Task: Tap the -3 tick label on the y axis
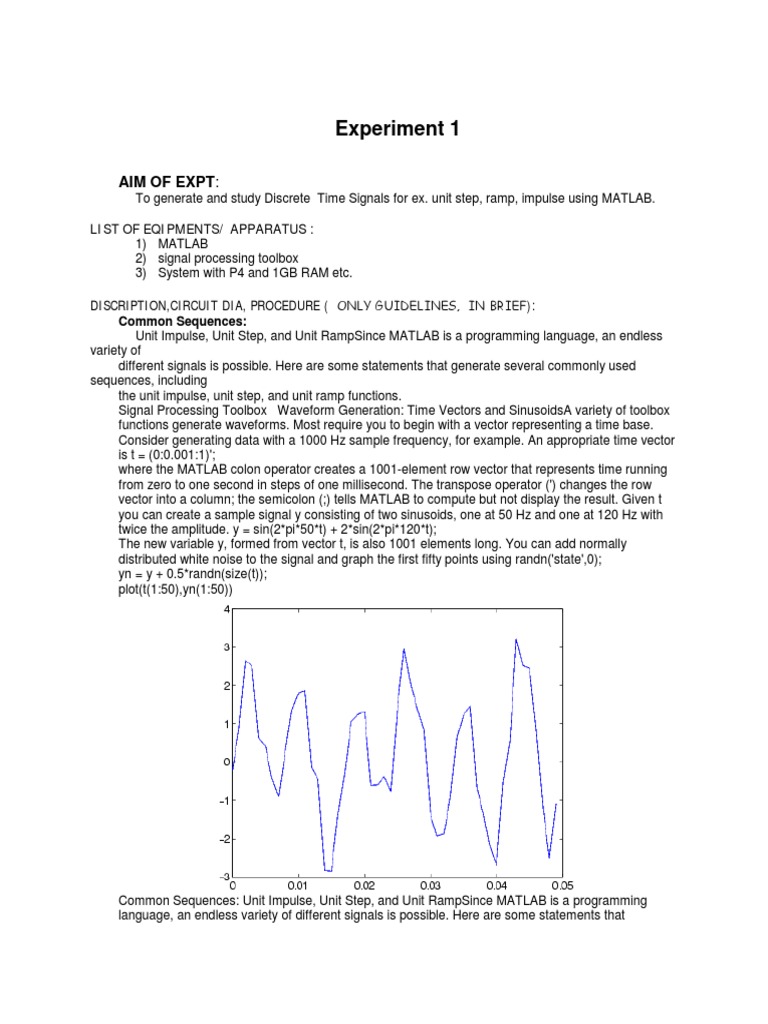tap(224, 877)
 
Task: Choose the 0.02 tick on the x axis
tap(364, 885)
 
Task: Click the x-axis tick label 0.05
tap(561, 885)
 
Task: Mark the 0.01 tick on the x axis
tap(298, 885)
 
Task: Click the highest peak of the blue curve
tap(516, 640)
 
